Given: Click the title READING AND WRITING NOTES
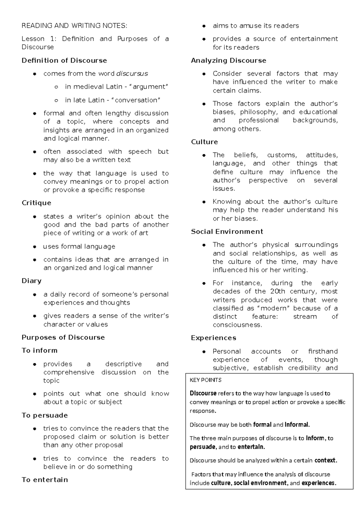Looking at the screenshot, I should [74, 26].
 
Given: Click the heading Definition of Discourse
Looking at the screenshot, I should [64, 61].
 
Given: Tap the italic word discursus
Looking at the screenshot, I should [132, 74].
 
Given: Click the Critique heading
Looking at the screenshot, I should [36, 203].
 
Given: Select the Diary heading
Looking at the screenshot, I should [31, 281].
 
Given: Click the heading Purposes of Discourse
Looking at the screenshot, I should [63, 338].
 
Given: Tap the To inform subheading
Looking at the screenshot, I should [39, 351].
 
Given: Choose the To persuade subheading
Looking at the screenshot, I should [45, 415].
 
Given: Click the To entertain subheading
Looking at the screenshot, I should [45, 480].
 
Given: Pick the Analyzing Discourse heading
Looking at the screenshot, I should [229, 61].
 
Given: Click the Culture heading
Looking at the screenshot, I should [205, 142].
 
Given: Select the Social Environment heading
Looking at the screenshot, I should [227, 232].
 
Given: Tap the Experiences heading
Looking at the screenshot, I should [214, 338].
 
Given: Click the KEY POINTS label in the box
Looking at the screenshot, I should [205, 380].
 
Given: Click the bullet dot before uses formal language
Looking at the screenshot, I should [35, 247].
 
